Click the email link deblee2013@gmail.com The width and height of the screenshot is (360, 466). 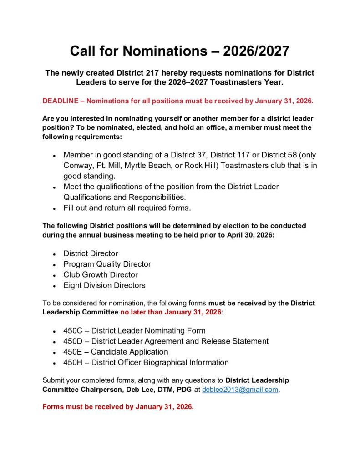point(240,390)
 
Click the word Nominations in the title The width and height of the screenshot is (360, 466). point(159,51)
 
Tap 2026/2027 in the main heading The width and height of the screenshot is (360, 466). point(256,51)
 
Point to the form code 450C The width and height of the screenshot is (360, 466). point(73,331)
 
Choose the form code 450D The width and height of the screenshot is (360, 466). point(73,341)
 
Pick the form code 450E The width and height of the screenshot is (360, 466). point(73,352)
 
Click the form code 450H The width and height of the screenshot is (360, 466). point(73,363)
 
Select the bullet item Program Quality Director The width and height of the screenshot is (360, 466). point(107,264)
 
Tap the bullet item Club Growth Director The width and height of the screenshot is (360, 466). point(101,275)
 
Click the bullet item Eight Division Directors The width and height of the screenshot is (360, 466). point(104,286)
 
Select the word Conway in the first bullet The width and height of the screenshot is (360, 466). point(77,165)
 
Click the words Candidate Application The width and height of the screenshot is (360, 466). point(129,352)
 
